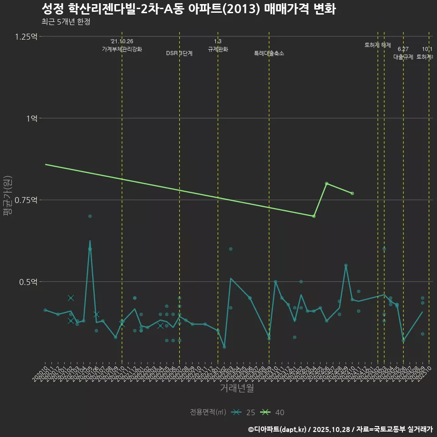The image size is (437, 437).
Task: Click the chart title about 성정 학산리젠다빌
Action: (x=188, y=9)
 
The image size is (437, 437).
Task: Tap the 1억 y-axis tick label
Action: (x=31, y=118)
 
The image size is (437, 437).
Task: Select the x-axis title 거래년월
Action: (x=237, y=388)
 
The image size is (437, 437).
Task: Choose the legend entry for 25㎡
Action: (x=243, y=412)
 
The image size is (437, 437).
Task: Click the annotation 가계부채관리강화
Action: (x=122, y=49)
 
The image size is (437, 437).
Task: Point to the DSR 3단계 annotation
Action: (x=179, y=53)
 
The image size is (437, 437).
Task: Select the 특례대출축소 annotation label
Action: (x=269, y=53)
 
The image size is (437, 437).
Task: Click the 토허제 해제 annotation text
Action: (x=378, y=45)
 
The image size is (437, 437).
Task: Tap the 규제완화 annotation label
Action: (x=218, y=49)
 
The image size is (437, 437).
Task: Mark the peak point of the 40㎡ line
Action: (x=326, y=183)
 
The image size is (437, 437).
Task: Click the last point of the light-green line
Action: (x=352, y=193)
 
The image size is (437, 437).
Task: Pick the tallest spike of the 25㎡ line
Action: (x=90, y=241)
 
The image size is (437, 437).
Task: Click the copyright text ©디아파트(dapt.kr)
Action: (x=278, y=429)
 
